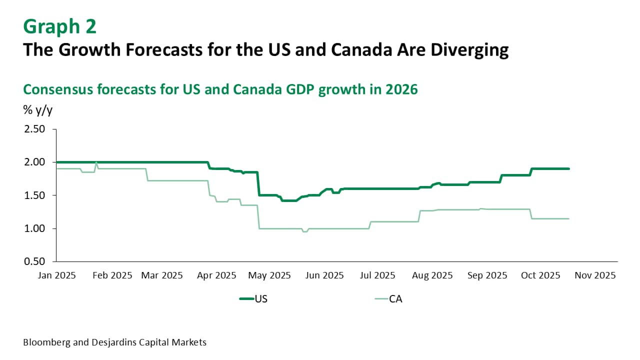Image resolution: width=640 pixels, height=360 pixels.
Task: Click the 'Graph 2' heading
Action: [x=59, y=26]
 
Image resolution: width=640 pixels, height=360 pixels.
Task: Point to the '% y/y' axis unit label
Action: [x=37, y=110]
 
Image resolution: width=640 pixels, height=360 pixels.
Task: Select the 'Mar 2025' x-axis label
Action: [x=161, y=275]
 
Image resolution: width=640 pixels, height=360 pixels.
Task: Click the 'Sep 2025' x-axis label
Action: [x=486, y=275]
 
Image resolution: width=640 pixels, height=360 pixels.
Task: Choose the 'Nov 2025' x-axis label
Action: [x=594, y=275]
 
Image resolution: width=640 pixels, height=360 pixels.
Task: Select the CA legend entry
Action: [x=389, y=299]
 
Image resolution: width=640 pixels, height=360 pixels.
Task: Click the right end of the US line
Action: [x=568, y=169]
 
